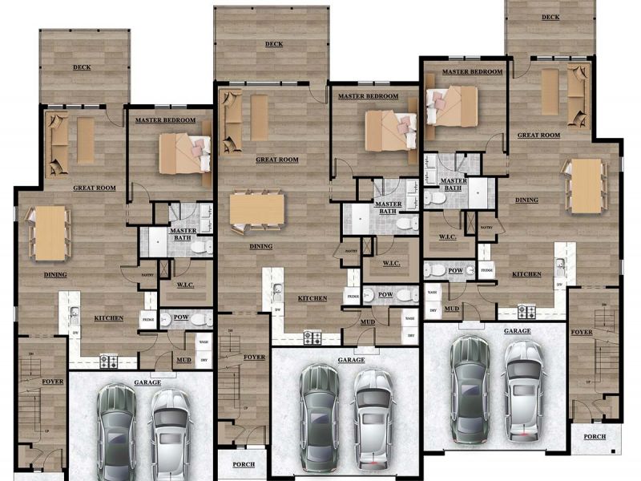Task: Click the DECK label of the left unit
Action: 81,67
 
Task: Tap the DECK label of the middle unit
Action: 273,45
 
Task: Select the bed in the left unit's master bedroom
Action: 183,153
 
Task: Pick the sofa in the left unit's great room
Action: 57,144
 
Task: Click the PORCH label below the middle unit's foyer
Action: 244,464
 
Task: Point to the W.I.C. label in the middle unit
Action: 391,263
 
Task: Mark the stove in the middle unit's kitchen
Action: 312,338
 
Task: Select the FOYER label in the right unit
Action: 582,331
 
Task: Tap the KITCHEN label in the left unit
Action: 108,318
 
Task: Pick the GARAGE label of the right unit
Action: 517,329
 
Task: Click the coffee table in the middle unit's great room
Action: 259,117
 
